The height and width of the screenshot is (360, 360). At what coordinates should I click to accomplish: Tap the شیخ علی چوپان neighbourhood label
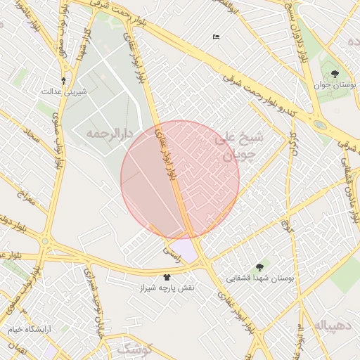(238, 146)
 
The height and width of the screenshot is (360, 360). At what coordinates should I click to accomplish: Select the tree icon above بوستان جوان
(335, 72)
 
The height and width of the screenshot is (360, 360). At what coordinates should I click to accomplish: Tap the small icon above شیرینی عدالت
(63, 80)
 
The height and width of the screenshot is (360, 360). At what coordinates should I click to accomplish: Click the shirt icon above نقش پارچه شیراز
(167, 277)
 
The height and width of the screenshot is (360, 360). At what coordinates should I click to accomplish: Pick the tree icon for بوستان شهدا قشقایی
(260, 267)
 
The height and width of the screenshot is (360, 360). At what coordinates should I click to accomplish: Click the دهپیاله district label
(328, 325)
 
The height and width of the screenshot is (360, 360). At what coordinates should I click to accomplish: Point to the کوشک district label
(134, 347)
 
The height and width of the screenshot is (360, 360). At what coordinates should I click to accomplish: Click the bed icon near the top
(215, 37)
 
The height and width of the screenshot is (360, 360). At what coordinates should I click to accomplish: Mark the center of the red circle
(180, 180)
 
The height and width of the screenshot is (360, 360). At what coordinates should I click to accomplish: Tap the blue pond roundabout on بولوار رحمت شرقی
(321, 125)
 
